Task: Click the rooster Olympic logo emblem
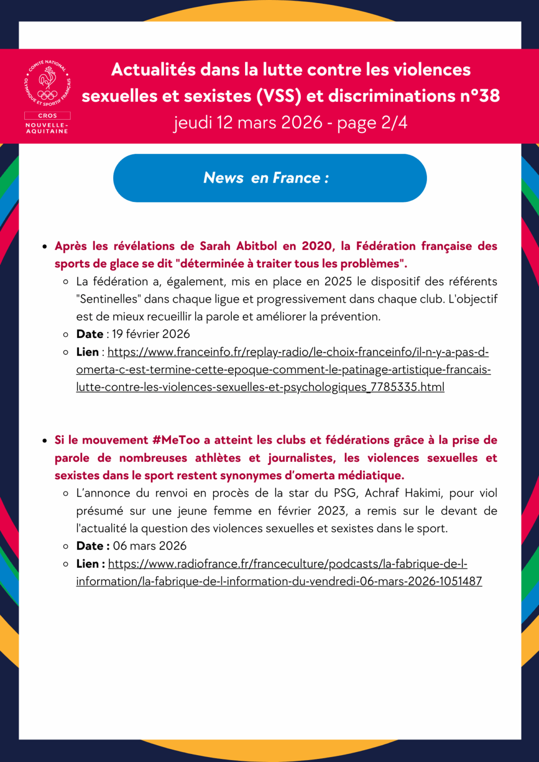48,83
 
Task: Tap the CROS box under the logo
48,116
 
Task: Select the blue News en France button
269,178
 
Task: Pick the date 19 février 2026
151,334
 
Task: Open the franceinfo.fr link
283,370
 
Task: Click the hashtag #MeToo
176,440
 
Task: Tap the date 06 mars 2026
149,546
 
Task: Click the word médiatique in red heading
371,475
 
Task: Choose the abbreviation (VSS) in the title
279,96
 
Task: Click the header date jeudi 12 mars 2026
248,123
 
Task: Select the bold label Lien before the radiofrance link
87,564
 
